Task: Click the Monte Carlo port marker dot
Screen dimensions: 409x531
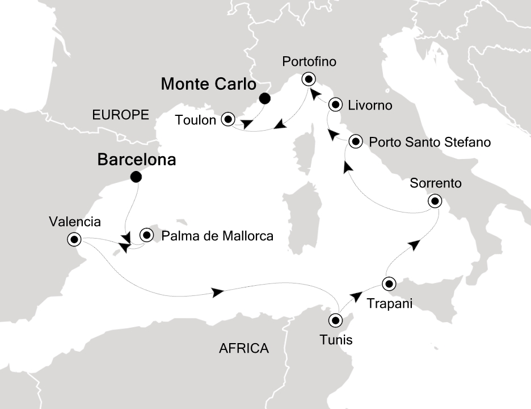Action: pyautogui.click(x=264, y=99)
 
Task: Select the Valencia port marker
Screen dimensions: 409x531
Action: pyautogui.click(x=74, y=239)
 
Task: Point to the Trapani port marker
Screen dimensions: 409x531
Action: pyautogui.click(x=389, y=283)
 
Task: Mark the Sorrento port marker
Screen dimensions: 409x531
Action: pyautogui.click(x=435, y=201)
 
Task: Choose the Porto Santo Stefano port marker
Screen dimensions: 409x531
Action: pyautogui.click(x=355, y=141)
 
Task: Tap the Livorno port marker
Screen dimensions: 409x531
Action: pyautogui.click(x=336, y=105)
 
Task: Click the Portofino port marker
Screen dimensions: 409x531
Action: pyautogui.click(x=309, y=79)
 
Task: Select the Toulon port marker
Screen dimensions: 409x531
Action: pyautogui.click(x=228, y=119)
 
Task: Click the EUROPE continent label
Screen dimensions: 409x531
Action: pyautogui.click(x=120, y=115)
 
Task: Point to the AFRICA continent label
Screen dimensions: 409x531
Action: pyautogui.click(x=244, y=348)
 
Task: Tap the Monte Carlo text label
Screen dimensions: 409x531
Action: pyautogui.click(x=209, y=84)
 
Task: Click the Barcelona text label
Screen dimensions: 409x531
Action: pyautogui.click(x=137, y=160)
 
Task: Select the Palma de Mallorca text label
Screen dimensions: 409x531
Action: pyautogui.click(x=218, y=235)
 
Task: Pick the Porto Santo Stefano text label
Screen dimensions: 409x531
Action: pyautogui.click(x=429, y=141)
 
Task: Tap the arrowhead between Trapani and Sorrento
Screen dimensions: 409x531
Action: pyautogui.click(x=415, y=244)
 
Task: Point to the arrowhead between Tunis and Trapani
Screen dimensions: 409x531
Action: pyautogui.click(x=356, y=296)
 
